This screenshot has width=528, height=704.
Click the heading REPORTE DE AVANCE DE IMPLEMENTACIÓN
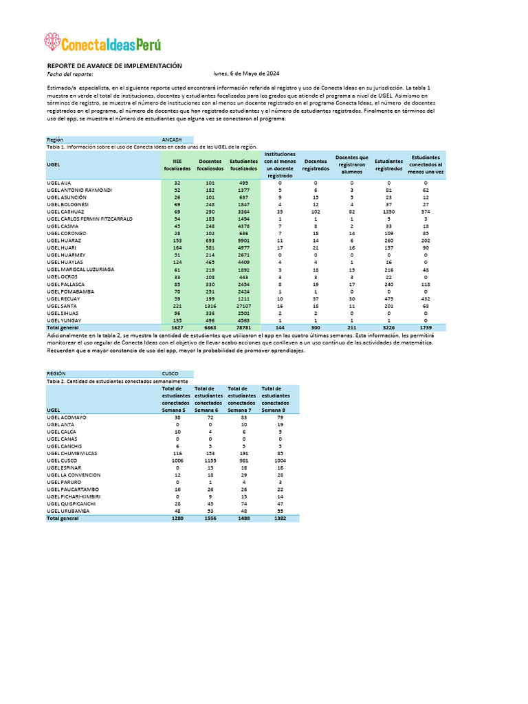coord(114,65)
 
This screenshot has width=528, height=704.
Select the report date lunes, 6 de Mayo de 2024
coord(246,74)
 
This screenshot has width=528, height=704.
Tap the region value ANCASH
coord(172,139)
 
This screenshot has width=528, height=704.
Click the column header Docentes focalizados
coord(210,165)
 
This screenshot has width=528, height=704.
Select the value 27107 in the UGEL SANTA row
coord(244,306)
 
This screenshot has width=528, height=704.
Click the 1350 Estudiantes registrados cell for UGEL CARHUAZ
coord(388,212)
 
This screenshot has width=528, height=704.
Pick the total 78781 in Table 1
coord(244,328)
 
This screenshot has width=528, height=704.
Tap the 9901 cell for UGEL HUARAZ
coord(244,241)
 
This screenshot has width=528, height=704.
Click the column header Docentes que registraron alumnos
coord(351,165)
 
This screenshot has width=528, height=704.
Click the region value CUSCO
coord(170,374)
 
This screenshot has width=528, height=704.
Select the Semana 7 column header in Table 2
coord(241,399)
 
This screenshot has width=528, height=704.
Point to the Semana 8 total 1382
coord(275,518)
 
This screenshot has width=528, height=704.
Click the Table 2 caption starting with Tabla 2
coord(116,381)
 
